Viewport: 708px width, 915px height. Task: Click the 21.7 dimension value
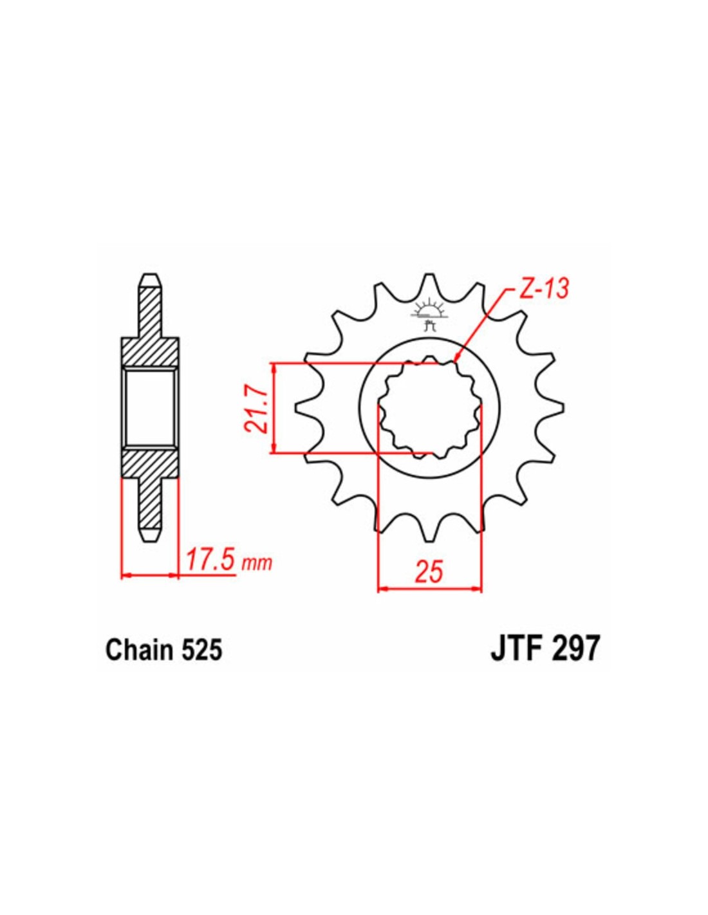(x=256, y=409)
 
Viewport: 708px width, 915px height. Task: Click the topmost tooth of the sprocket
(x=430, y=282)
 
